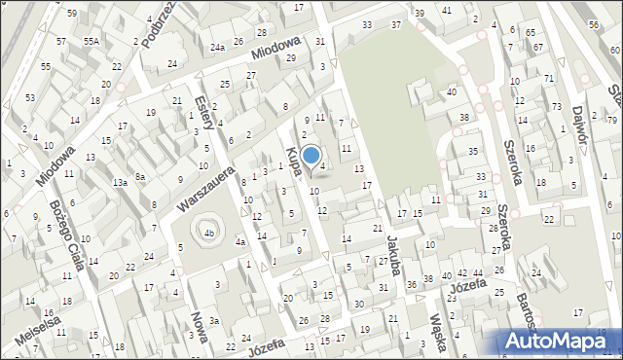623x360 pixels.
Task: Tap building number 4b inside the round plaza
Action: pos(208,234)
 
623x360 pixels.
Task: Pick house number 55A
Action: pos(92,42)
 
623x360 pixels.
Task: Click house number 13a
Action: pos(120,182)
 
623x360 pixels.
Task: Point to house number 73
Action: pos(557,106)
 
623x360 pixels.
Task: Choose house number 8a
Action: pos(140,176)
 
